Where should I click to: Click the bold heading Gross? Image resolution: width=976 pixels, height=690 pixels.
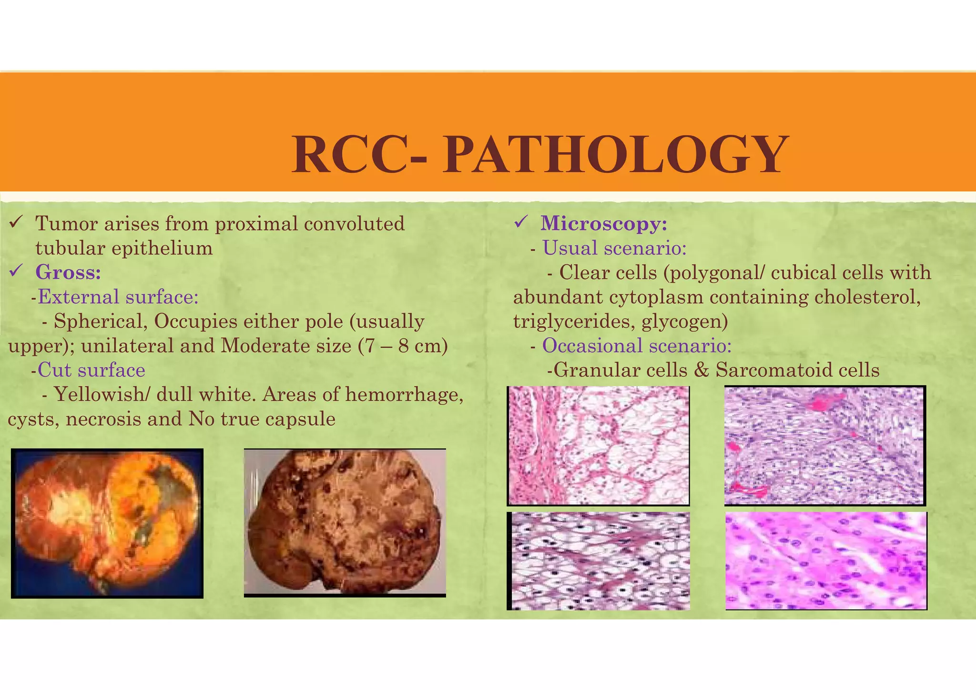[x=68, y=273]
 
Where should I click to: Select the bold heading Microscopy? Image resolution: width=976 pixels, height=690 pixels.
[x=604, y=223]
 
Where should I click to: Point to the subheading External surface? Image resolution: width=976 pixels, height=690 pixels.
[x=118, y=297]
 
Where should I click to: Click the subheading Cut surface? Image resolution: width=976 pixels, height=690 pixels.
[x=91, y=370]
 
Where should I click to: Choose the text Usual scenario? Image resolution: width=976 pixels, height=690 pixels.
[x=614, y=248]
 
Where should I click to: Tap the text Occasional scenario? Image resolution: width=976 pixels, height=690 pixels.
[x=636, y=345]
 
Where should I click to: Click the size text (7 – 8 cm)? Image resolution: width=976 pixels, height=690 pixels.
[x=403, y=346]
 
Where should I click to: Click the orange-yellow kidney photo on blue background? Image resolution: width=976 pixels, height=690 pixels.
[x=107, y=523]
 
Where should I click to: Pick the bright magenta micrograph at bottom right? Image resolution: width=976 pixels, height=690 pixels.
[x=826, y=560]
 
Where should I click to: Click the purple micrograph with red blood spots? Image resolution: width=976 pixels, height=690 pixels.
[x=824, y=445]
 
